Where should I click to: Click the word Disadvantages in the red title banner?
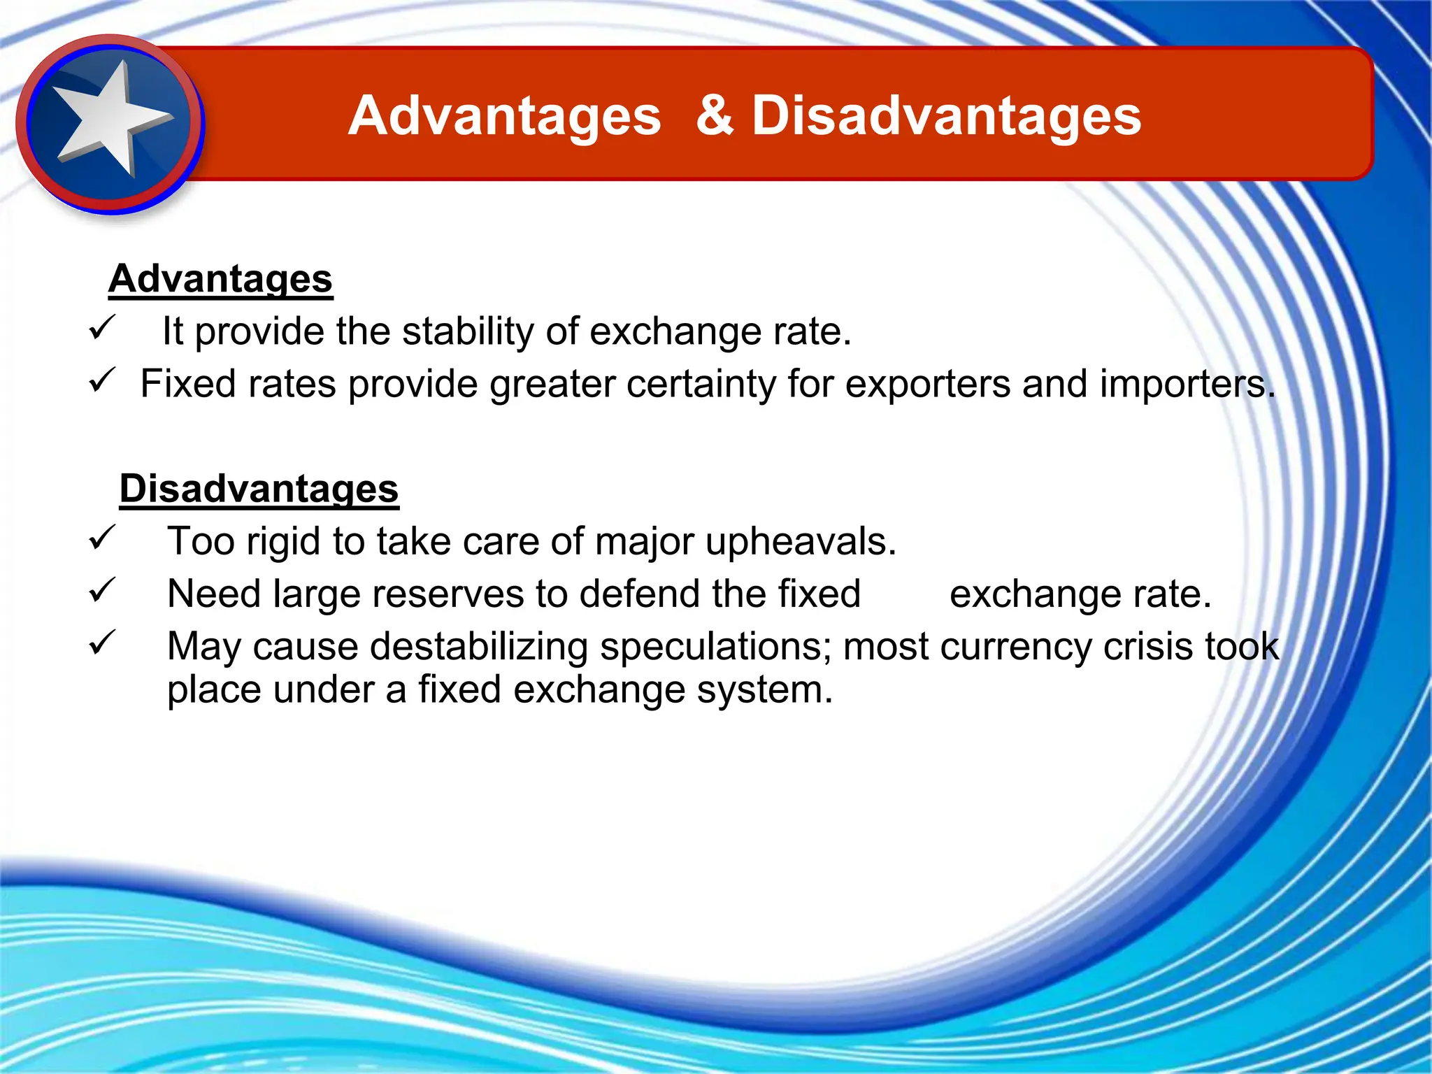(946, 117)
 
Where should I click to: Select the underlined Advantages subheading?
(220, 279)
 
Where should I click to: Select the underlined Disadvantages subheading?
(259, 488)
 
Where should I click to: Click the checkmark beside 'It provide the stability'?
(102, 327)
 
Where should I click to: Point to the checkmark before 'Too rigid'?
(102, 538)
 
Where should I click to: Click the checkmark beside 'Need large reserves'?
(102, 590)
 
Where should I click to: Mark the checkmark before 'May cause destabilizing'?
(102, 643)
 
